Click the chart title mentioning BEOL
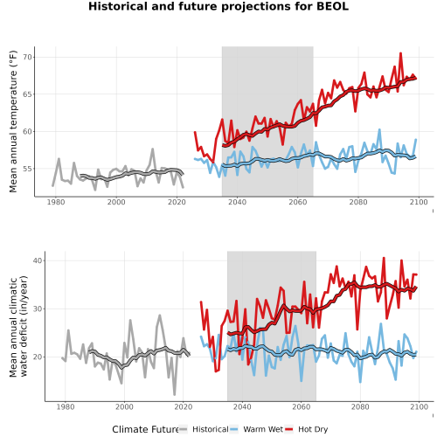pyautogui.click(x=218, y=6)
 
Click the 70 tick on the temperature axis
pyautogui.click(x=27, y=57)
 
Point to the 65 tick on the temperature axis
pyautogui.click(x=27, y=94)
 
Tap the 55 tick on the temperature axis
pyautogui.click(x=27, y=169)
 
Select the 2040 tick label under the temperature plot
pyautogui.click(x=237, y=202)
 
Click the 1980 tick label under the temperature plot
pyautogui.click(x=56, y=202)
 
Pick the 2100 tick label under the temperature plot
pyautogui.click(x=419, y=202)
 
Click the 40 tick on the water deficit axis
pyautogui.click(x=38, y=260)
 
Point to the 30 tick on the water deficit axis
pyautogui.click(x=38, y=309)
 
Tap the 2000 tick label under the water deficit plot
pyautogui.click(x=124, y=406)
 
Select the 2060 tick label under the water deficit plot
pyautogui.click(x=302, y=406)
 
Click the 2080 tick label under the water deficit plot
pyautogui.click(x=360, y=406)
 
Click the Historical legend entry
pyautogui.click(x=204, y=429)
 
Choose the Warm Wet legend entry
pyautogui.click(x=256, y=429)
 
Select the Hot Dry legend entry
pyautogui.click(x=306, y=429)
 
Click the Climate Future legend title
pyautogui.click(x=145, y=429)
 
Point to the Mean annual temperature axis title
pyautogui.click(x=13, y=121)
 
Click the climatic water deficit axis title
pyautogui.click(x=18, y=326)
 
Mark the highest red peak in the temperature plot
pyautogui.click(x=400, y=53)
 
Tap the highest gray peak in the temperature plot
pyautogui.click(x=152, y=149)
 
